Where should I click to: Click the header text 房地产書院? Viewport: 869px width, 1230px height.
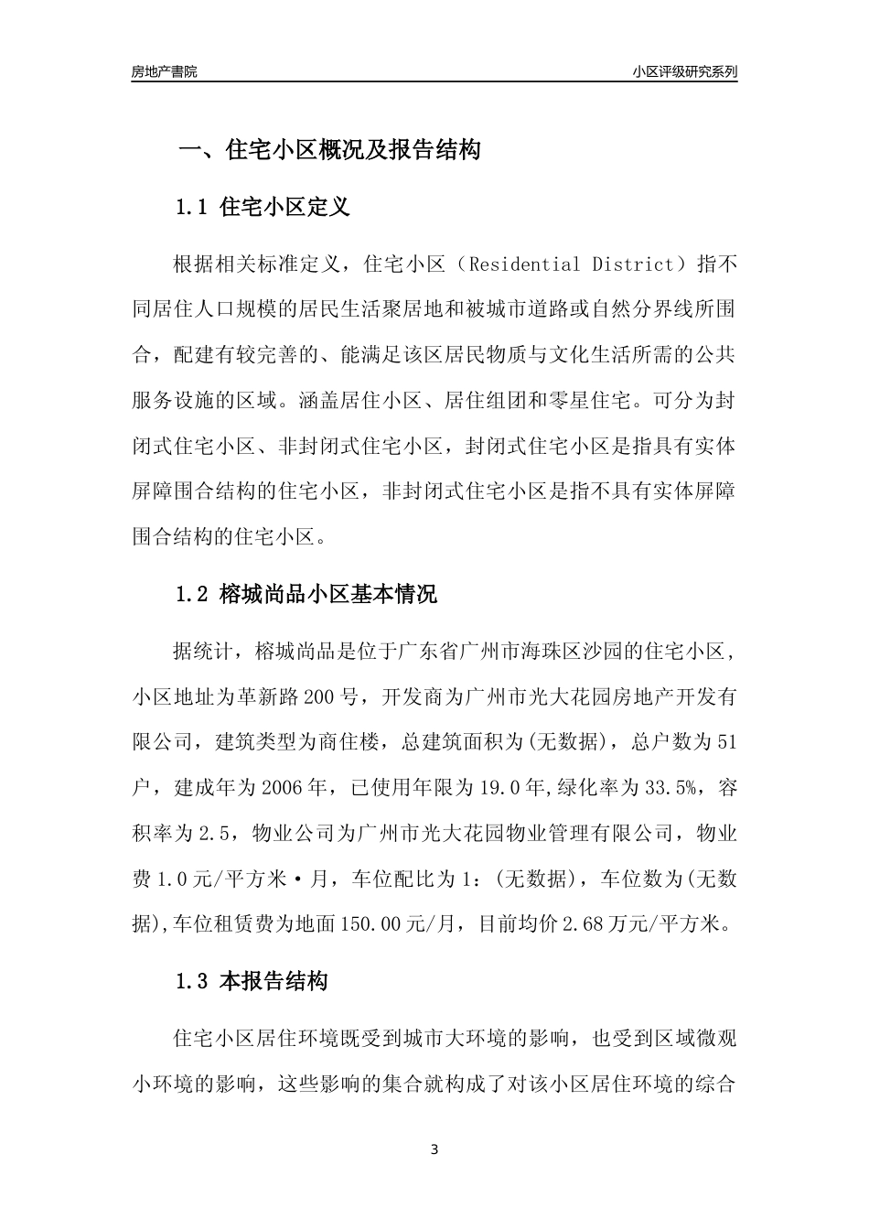(x=164, y=71)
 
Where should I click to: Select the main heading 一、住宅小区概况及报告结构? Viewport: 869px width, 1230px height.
(x=328, y=150)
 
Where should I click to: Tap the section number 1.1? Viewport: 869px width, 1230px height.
(x=193, y=208)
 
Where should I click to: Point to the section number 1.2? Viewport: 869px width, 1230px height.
(x=193, y=594)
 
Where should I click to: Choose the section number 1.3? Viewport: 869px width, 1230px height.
(x=193, y=982)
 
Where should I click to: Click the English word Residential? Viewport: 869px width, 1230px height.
(x=523, y=265)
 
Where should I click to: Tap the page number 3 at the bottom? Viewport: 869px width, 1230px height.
(x=434, y=1149)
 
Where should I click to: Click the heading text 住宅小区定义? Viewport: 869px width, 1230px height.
(x=285, y=208)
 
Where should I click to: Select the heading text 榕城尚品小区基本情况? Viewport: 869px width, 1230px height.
(x=329, y=594)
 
